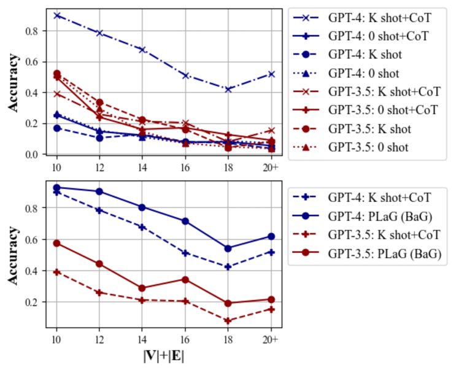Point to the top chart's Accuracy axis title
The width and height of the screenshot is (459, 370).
click(x=13, y=82)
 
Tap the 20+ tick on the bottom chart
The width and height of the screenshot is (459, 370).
click(x=271, y=339)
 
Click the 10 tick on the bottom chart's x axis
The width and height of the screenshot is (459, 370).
click(x=56, y=339)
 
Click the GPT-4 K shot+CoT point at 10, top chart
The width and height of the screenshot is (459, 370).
click(x=56, y=15)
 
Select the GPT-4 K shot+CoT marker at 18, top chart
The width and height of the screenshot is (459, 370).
click(x=228, y=89)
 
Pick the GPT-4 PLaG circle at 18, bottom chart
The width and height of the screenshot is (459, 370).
click(x=228, y=249)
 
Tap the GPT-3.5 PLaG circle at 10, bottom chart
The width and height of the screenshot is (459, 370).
click(x=56, y=243)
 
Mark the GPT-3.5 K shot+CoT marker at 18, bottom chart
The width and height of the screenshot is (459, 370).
click(x=228, y=320)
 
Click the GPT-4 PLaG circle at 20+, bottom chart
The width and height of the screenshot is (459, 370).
click(x=271, y=236)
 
